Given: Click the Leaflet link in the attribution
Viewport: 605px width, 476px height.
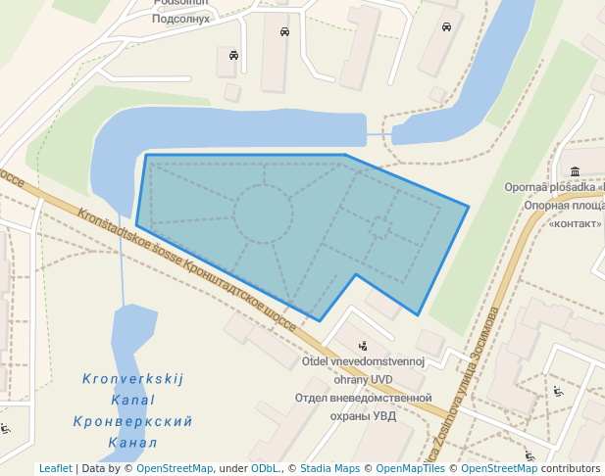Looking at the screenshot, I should point(55,468).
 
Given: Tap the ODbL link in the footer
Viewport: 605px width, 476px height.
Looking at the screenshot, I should point(264,468).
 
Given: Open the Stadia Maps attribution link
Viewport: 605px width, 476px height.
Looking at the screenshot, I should point(329,468).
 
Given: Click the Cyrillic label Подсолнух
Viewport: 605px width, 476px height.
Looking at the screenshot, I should point(182,19).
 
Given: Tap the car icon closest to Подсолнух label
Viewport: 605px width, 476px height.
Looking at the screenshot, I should point(233,55).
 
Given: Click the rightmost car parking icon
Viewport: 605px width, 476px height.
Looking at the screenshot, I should point(446,26).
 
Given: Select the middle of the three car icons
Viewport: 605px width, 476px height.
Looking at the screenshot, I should point(284,31).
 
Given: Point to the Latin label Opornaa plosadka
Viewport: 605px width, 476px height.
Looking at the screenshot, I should point(554,187).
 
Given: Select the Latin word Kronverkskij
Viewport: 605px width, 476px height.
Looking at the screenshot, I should point(132,379).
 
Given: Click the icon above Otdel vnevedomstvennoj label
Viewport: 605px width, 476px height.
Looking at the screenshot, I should point(364,345).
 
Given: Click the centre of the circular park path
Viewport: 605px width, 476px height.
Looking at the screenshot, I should point(263,214).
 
